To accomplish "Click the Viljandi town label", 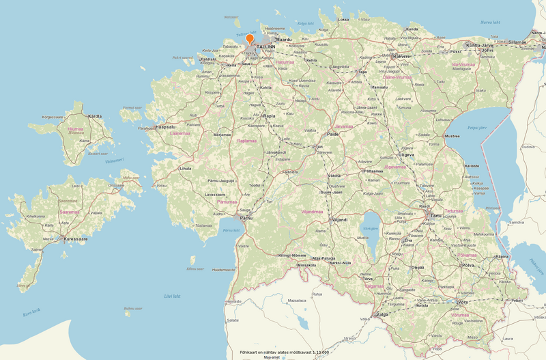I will tap(339, 220).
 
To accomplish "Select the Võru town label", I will tap(463, 301).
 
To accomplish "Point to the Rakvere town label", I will tap(402, 56).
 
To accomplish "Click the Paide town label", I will tap(333, 135).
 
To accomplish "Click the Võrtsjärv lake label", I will tap(371, 228).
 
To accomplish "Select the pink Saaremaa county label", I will tap(69, 212).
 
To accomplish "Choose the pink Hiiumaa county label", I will tap(75, 128).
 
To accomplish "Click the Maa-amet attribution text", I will tap(272, 357).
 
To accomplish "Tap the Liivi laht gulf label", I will tap(172, 296).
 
